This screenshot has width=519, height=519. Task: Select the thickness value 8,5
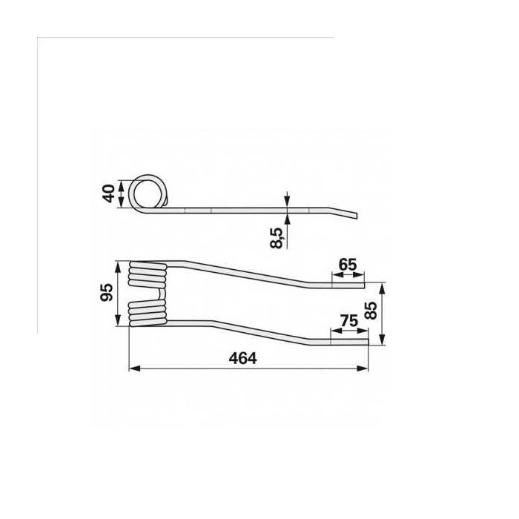point(277,238)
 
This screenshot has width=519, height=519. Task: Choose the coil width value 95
point(108,293)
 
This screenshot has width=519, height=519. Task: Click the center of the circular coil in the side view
point(149,194)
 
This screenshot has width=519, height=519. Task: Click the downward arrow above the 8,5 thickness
point(286,201)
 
